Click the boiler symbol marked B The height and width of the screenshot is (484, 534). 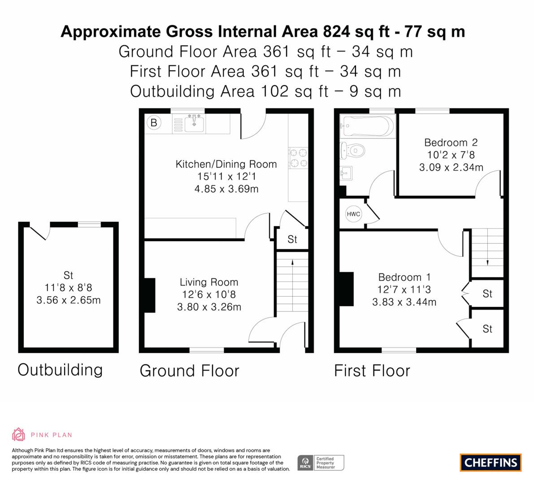[154, 122]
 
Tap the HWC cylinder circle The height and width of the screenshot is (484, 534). [353, 214]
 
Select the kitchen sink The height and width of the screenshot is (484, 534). [194, 123]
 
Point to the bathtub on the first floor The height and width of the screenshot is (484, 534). [368, 125]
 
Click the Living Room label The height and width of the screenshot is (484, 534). [208, 282]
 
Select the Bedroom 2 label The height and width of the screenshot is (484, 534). [451, 143]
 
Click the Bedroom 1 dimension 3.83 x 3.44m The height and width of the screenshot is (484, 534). [404, 302]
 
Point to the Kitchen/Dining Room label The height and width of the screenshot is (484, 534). [226, 164]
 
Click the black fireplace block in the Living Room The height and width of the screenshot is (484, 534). [149, 295]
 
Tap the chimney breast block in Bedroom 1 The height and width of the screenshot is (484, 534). [347, 289]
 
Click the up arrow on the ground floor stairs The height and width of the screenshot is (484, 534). [292, 264]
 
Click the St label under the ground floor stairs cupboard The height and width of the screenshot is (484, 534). [292, 240]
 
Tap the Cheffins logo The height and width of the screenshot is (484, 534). [491, 462]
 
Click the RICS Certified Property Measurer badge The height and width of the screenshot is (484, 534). [321, 462]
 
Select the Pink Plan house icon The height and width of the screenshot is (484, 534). [18, 434]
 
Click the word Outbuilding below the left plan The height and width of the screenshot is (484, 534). [60, 370]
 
